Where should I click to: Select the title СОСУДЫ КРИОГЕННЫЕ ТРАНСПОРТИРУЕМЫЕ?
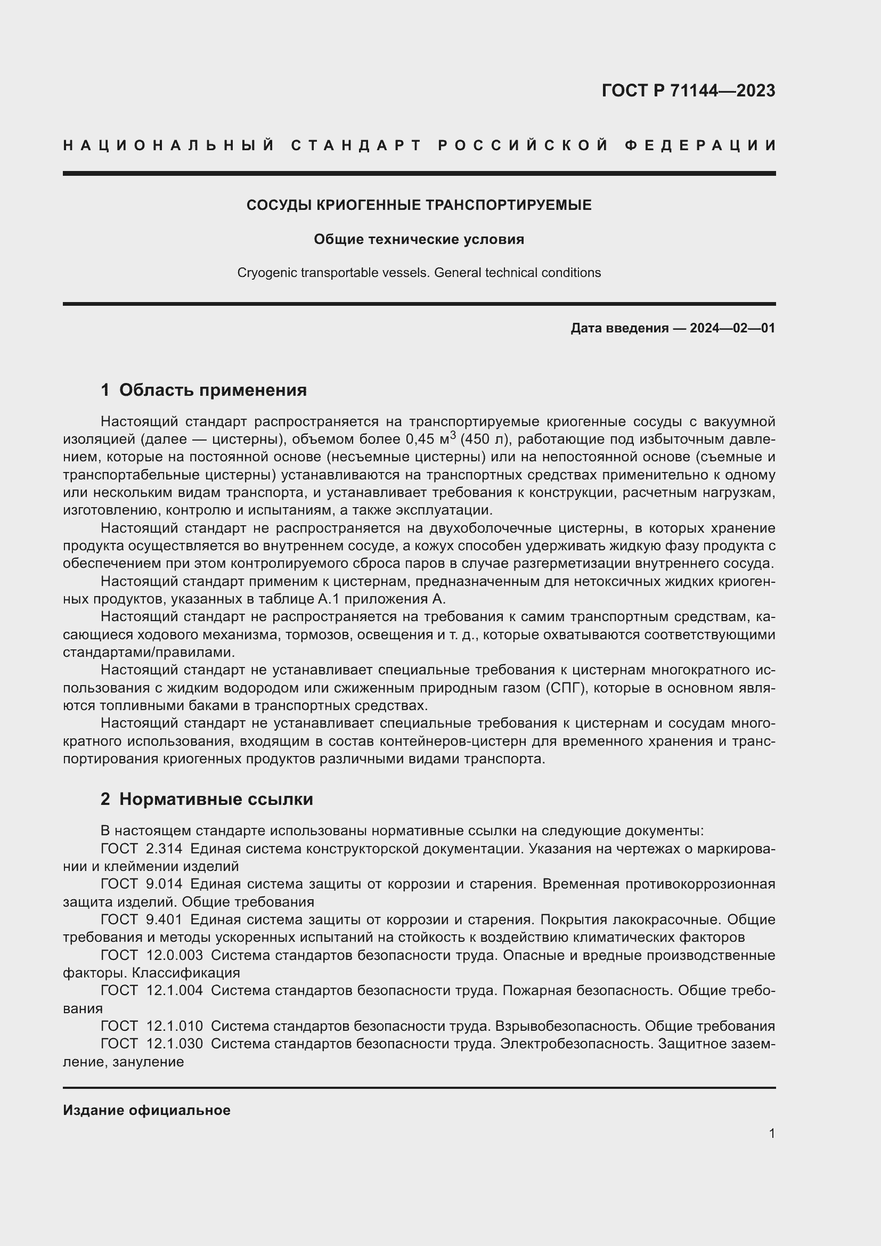[x=419, y=205]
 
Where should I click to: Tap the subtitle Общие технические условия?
[x=419, y=239]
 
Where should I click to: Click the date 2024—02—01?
[x=732, y=328]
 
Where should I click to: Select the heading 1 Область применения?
[x=203, y=389]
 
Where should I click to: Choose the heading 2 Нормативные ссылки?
[x=207, y=799]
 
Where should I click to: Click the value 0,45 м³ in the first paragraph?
[x=431, y=438]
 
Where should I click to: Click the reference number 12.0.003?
[x=174, y=955]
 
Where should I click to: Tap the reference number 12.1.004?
[x=174, y=990]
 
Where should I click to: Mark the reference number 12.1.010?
[x=174, y=1026]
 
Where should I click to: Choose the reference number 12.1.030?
[x=174, y=1044]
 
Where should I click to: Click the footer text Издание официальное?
[x=146, y=1110]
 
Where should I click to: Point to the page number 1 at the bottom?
[x=772, y=1133]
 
